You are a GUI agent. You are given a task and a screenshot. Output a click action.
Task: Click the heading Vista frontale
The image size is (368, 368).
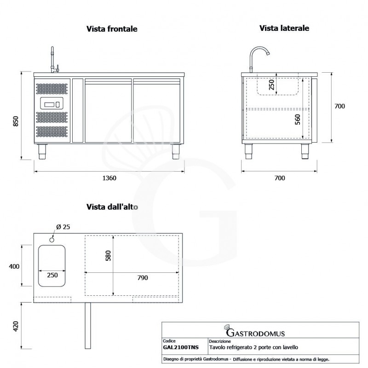click(x=112, y=29)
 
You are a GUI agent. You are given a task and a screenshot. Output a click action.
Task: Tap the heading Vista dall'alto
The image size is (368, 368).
click(x=112, y=207)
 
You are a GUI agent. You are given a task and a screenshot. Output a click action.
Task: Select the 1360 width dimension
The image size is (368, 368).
click(x=109, y=178)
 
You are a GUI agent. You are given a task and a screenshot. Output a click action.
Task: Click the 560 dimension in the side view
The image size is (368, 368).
click(x=297, y=120)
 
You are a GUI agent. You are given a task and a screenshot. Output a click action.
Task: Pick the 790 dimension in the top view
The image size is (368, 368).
click(x=143, y=278)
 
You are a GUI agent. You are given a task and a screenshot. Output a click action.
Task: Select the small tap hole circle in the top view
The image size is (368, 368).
click(x=52, y=239)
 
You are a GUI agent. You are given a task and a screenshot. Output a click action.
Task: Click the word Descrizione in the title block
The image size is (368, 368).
click(x=220, y=342)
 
